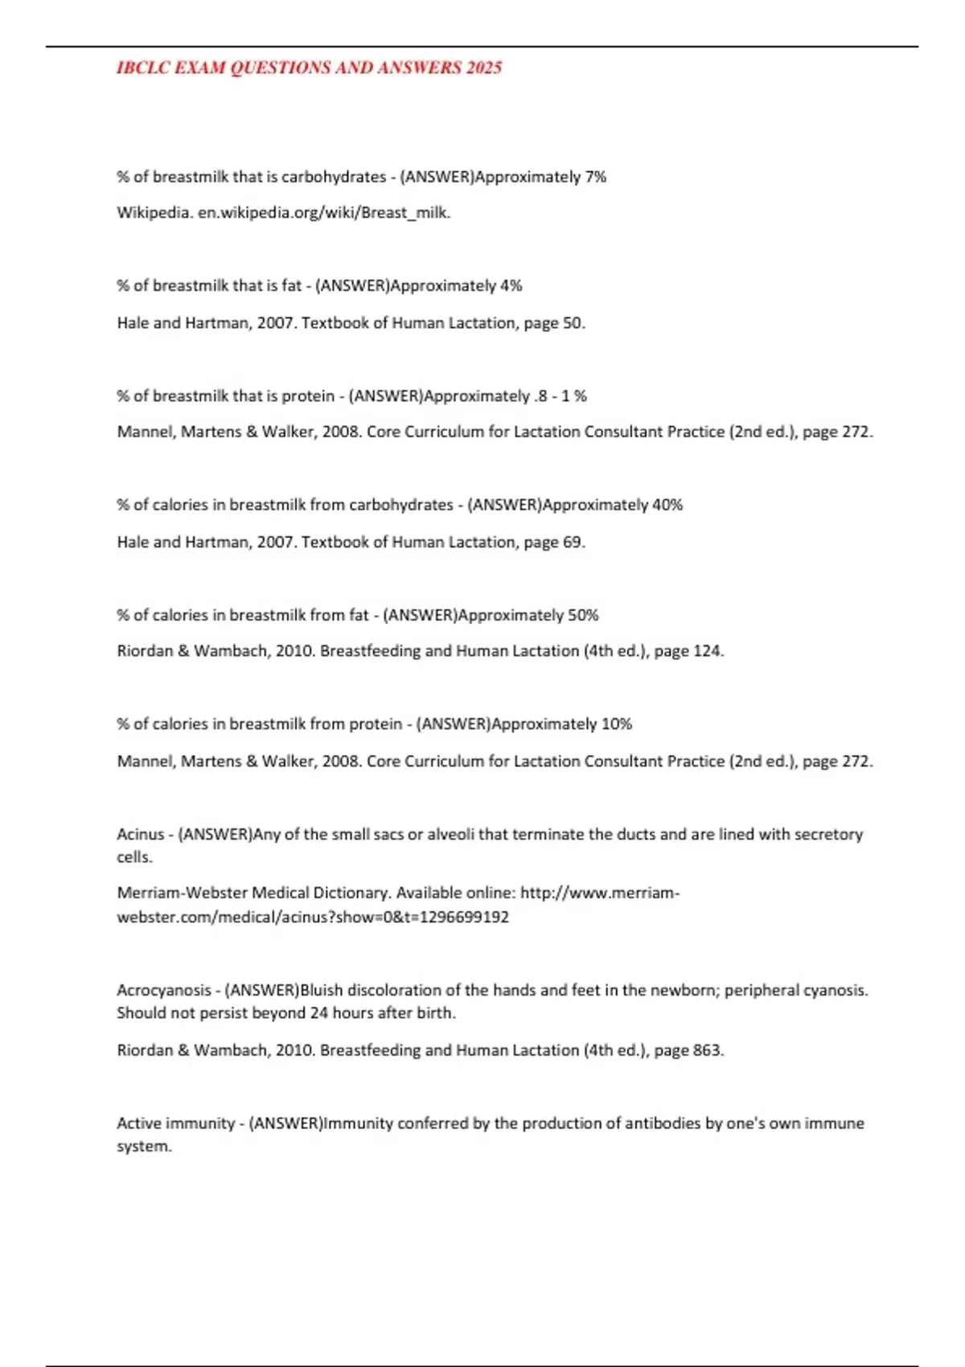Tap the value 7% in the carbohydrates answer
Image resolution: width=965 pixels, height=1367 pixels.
[596, 177]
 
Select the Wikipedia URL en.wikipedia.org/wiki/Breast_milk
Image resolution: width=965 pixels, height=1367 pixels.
[324, 213]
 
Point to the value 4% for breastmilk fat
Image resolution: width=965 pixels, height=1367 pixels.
[511, 285]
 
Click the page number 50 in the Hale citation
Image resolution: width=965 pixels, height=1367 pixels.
[573, 323]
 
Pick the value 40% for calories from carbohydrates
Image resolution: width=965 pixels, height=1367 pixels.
[667, 505]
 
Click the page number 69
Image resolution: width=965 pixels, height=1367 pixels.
[573, 542]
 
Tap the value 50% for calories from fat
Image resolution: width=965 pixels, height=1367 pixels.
[584, 615]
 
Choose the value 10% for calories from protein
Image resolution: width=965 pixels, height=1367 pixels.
[617, 724]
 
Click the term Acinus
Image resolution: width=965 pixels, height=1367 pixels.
[141, 835]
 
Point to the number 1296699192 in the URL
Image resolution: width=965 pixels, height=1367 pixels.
[465, 917]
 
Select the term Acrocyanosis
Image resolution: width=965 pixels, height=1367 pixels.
[164, 990]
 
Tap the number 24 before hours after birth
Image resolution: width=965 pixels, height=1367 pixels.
[319, 1013]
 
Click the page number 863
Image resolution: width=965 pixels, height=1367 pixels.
[708, 1050]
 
